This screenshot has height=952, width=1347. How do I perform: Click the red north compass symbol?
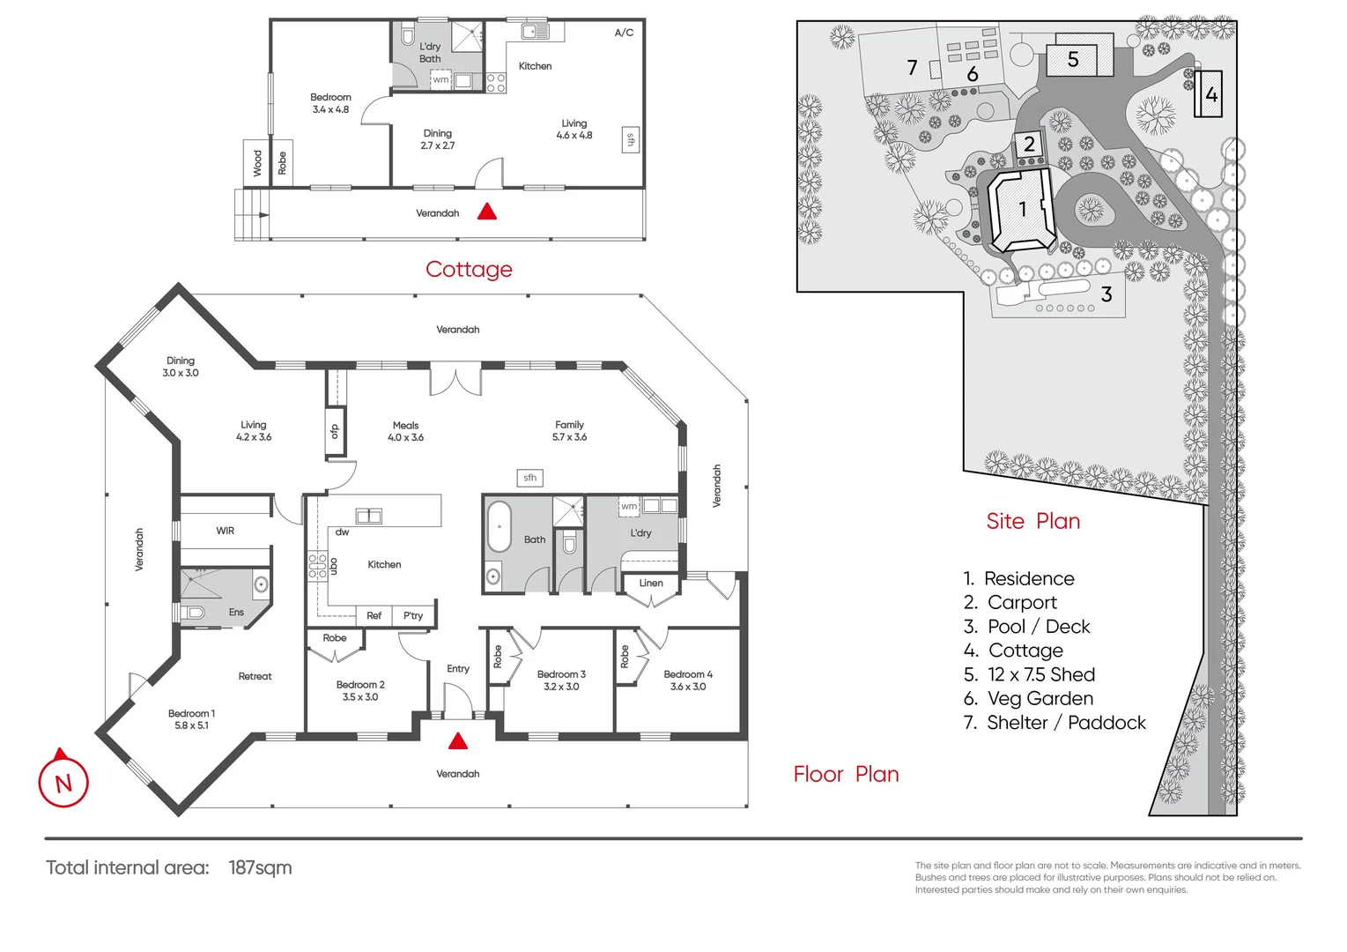coord(63,780)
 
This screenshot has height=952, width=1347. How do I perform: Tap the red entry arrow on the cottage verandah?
coord(487,212)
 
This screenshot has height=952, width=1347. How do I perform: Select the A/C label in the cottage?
coord(624,33)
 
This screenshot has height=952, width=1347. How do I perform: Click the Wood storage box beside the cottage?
coord(256,163)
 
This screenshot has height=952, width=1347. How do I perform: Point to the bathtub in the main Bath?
coord(499,526)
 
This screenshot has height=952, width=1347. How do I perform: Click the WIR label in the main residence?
coord(225,531)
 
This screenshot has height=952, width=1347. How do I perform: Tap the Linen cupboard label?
coord(651,584)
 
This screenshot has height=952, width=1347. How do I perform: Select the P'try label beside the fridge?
coord(413,615)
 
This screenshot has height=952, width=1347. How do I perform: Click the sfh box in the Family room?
coord(529,478)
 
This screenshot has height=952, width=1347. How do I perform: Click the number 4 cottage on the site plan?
coord(1208,93)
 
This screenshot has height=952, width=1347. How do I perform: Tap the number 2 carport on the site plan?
coord(1029,145)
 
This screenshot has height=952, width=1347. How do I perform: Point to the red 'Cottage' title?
coord(469,269)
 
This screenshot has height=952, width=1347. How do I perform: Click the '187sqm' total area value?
coord(260,867)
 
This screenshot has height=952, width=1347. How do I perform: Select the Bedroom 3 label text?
coord(561,674)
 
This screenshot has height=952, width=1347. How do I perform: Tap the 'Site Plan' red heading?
coord(1033,521)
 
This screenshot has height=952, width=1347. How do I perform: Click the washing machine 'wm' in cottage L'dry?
coord(440,79)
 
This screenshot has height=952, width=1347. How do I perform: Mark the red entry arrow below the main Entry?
coord(458,740)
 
